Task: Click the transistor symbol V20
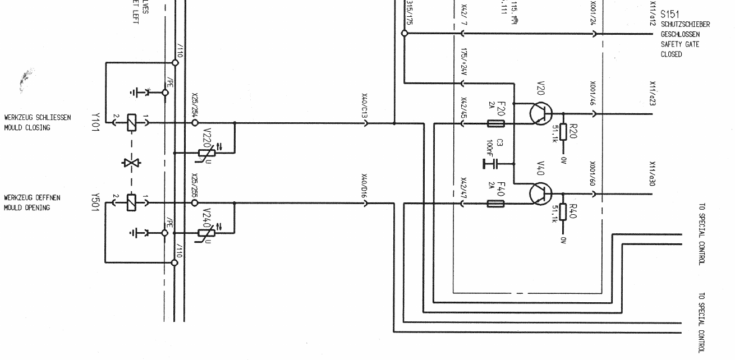tap(540, 114)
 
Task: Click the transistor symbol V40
tap(540, 194)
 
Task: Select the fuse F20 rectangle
tap(496, 123)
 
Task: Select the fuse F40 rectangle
tap(496, 203)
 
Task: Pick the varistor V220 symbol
tap(206, 153)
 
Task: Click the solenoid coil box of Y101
tap(131, 122)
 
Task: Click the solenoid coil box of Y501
tap(131, 202)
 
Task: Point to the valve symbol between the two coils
tap(131, 163)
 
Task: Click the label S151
tap(670, 15)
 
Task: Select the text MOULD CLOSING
tap(27, 128)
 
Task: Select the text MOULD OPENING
tap(27, 208)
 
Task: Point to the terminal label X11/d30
tap(653, 173)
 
